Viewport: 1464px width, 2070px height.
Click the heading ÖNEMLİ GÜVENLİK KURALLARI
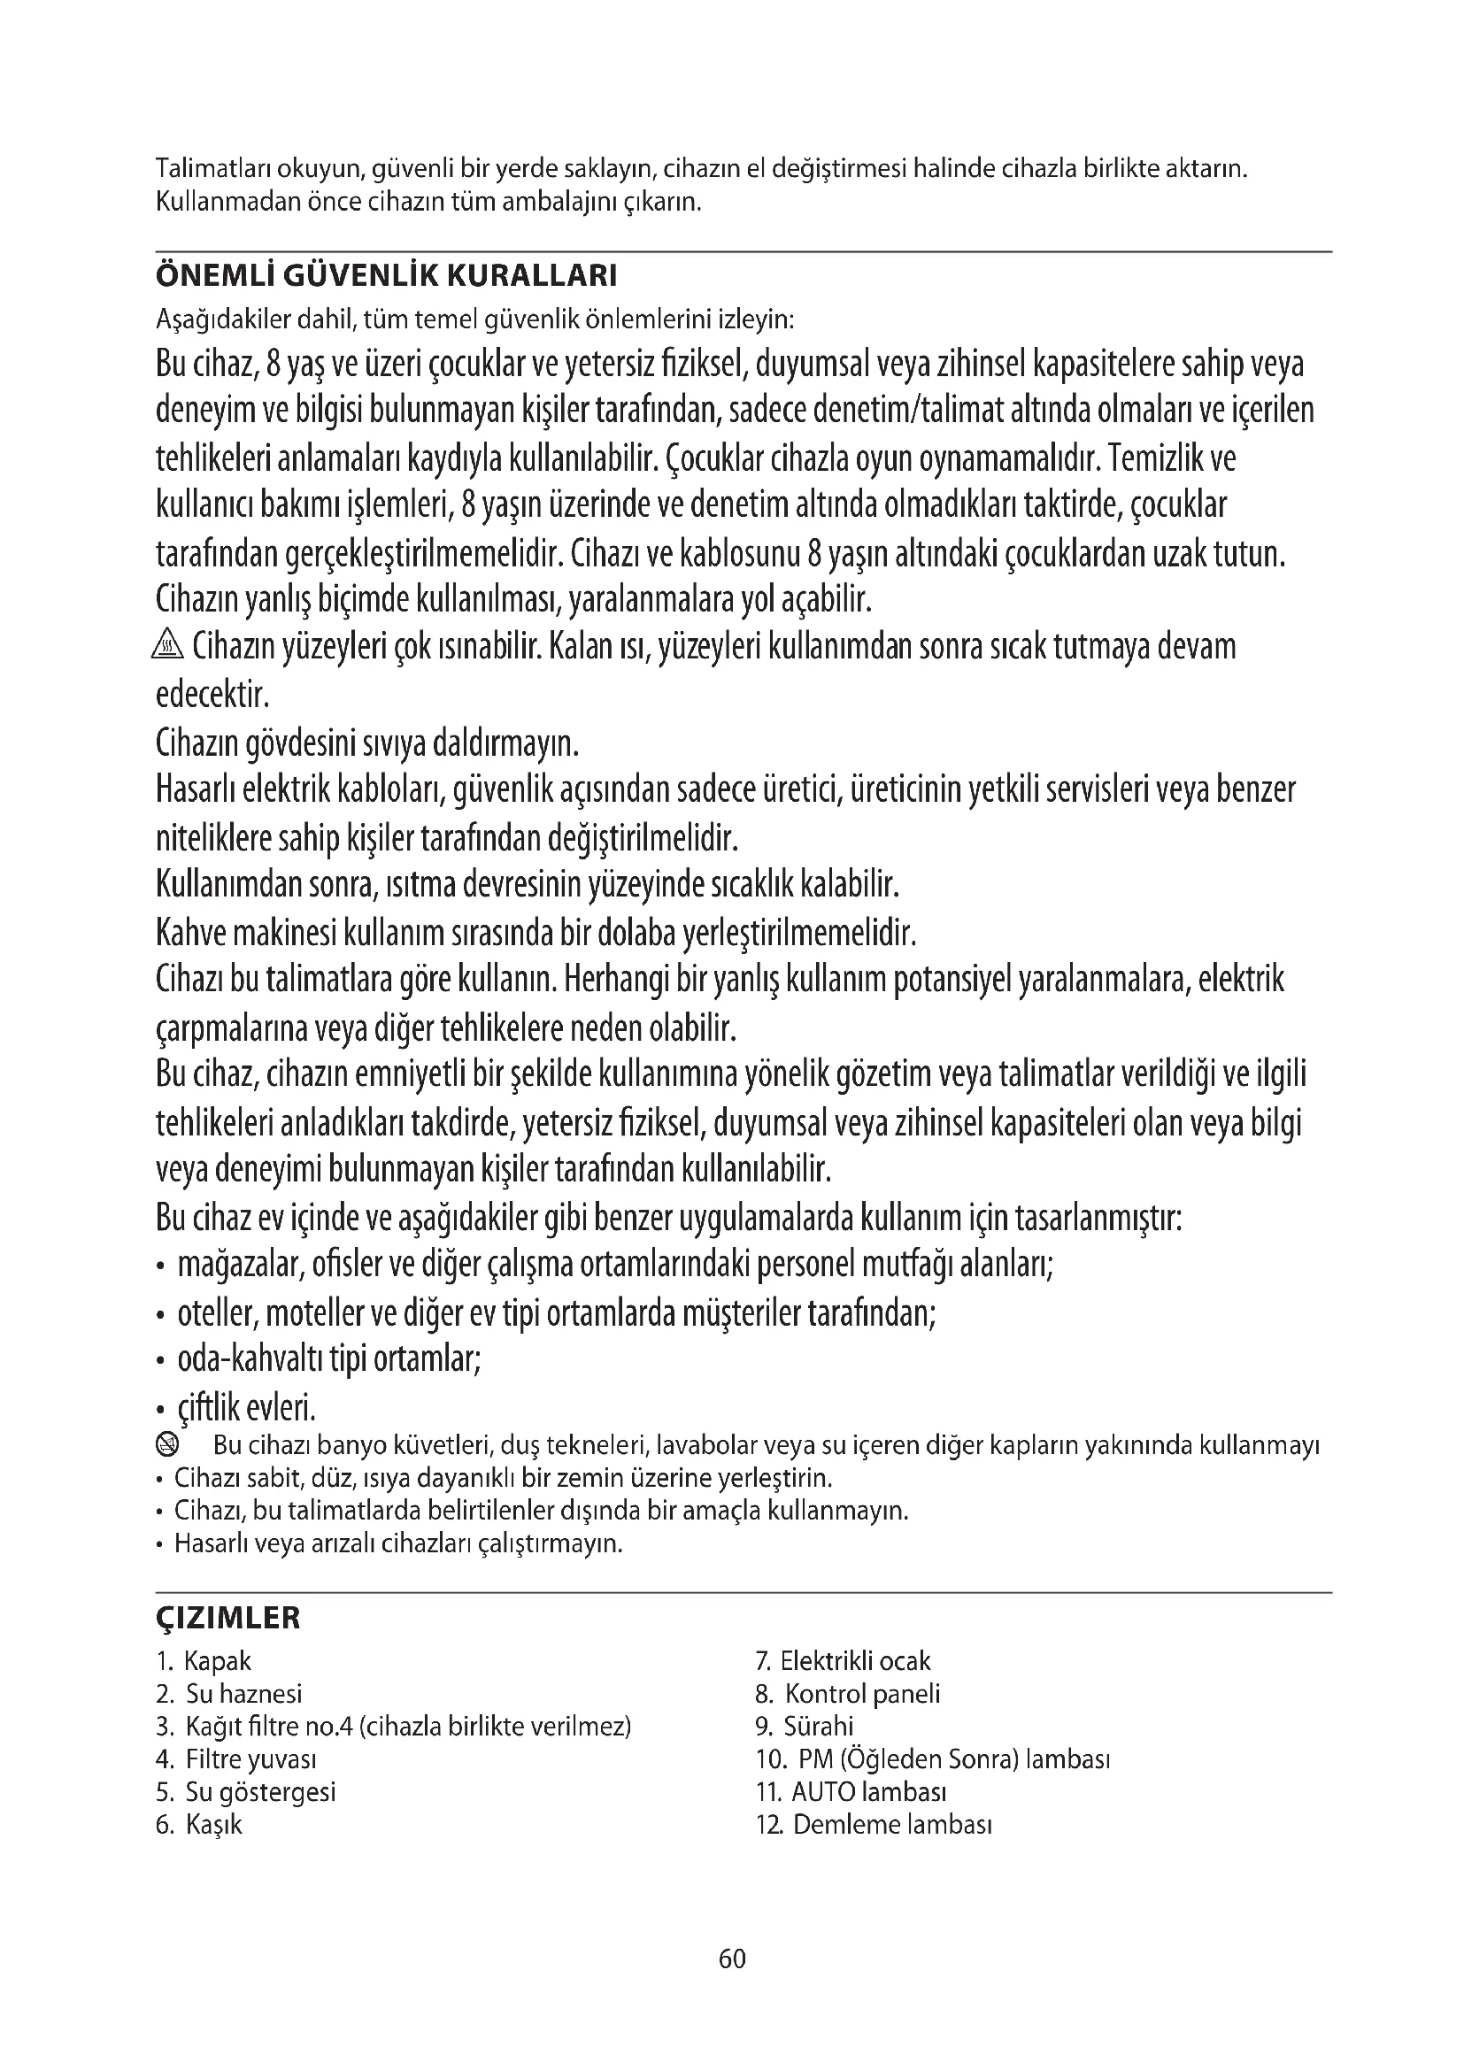[386, 276]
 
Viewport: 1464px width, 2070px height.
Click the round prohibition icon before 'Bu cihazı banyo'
[167, 1446]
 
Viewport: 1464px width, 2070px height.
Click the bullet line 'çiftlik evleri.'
[245, 1407]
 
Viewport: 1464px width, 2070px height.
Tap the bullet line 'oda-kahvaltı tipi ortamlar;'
[328, 1359]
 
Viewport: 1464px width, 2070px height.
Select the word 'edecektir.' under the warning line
[212, 695]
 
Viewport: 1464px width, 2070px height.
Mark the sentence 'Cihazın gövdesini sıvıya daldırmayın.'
[367, 743]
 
